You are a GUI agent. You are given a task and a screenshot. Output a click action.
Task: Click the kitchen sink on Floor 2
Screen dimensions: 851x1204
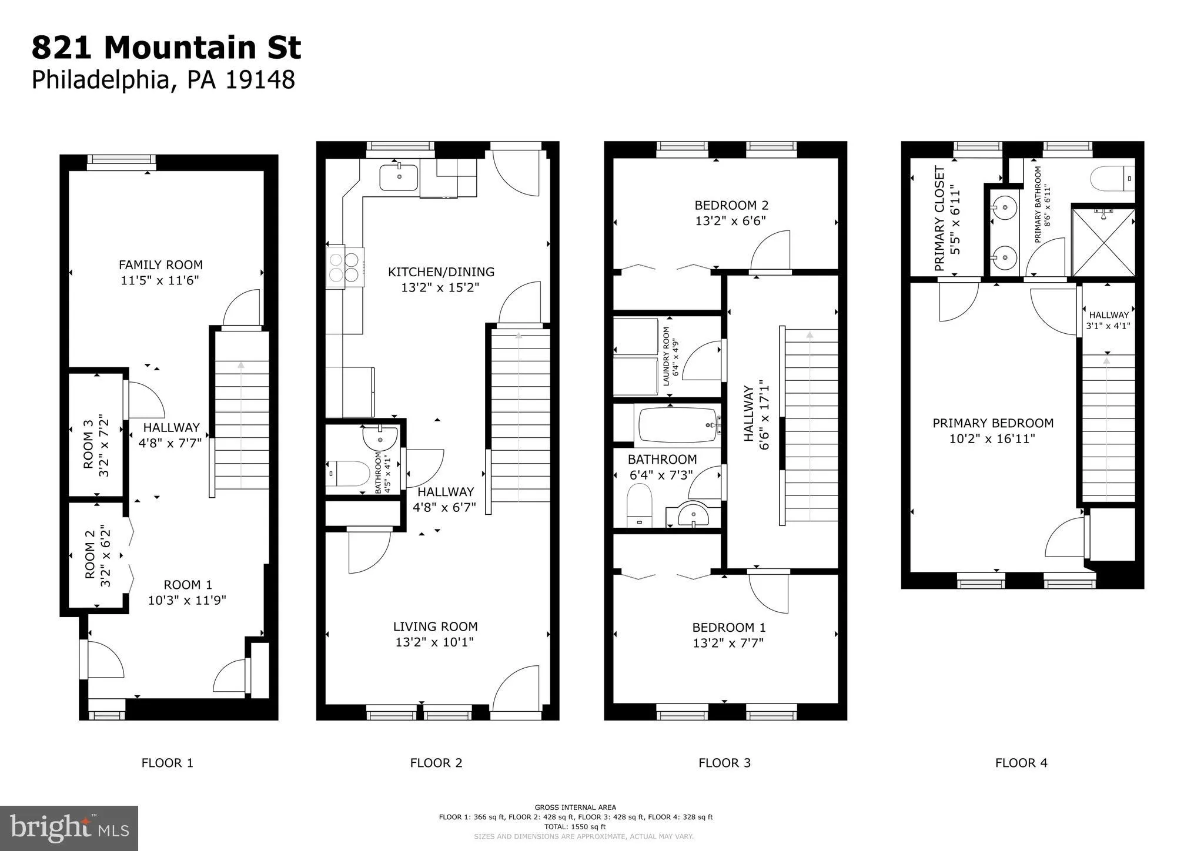[x=399, y=177]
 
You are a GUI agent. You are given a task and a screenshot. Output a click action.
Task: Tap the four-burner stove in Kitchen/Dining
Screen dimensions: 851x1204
[x=345, y=267]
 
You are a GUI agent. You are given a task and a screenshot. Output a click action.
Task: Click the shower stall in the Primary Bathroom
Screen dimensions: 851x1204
[x=1103, y=242]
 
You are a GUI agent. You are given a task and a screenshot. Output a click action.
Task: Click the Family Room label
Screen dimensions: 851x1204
[x=160, y=265]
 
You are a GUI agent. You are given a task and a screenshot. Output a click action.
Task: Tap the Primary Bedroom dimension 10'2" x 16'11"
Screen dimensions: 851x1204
[x=992, y=439]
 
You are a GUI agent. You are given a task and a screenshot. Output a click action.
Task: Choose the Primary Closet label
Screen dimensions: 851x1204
[x=939, y=219]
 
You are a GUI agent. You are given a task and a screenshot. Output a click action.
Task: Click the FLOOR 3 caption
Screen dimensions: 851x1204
[x=724, y=763]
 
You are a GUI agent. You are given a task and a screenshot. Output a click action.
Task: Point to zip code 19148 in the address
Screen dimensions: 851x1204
[x=260, y=80]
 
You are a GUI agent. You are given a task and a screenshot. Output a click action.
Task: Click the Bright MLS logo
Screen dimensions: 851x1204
[x=69, y=828]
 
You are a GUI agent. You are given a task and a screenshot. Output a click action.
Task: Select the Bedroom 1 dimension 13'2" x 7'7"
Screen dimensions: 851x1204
[x=728, y=643]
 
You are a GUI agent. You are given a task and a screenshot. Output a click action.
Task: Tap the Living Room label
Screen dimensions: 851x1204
[x=435, y=626]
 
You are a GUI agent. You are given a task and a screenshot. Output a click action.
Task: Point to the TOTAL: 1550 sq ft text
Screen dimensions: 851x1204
[x=575, y=827]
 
